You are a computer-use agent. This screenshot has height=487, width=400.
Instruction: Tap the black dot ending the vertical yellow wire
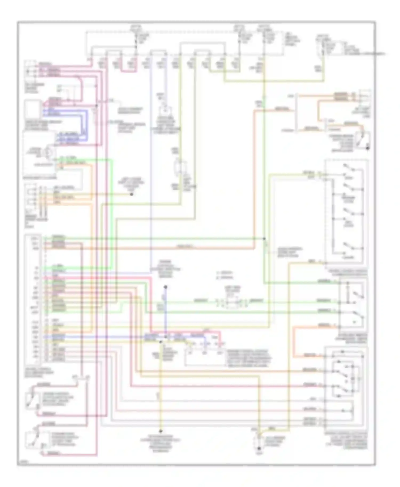pos(161,431)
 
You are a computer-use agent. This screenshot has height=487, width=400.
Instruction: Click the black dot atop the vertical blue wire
pos(165,287)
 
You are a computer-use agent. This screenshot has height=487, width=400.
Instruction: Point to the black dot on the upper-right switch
pos(368,148)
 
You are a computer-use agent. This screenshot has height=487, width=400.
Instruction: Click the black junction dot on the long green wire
pos(264,238)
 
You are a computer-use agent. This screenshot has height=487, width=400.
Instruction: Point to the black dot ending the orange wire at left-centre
pos(131,194)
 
